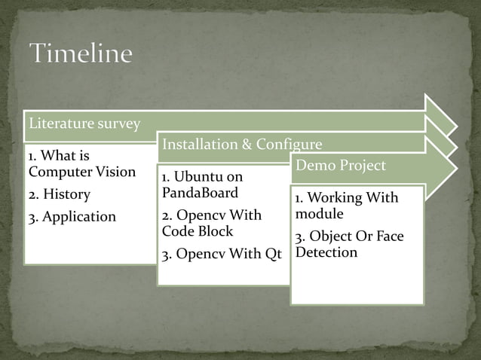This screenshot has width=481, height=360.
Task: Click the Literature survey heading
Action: (x=84, y=123)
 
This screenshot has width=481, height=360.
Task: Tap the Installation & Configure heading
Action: (x=242, y=144)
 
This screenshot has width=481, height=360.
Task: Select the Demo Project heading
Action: (x=341, y=165)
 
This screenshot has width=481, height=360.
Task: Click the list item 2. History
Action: (x=59, y=194)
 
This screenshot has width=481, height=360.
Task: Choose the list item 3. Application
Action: (x=72, y=217)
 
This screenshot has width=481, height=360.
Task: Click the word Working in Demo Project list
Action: (x=334, y=198)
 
